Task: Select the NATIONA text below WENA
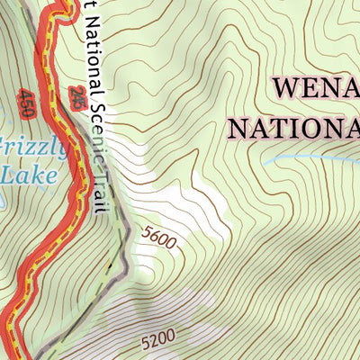[295, 127]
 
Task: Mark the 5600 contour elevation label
[159, 237]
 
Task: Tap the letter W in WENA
[285, 89]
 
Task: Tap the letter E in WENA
[310, 89]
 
